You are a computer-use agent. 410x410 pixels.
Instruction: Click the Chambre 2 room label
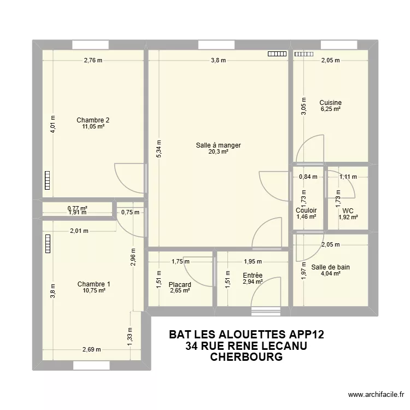(x=90, y=120)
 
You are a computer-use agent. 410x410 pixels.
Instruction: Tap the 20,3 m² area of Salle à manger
(x=218, y=152)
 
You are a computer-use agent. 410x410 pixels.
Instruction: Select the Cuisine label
(x=330, y=102)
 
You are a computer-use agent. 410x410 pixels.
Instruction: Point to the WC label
(x=347, y=210)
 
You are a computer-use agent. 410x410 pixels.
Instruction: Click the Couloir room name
(x=306, y=210)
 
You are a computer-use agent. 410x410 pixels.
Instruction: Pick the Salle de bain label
(x=330, y=267)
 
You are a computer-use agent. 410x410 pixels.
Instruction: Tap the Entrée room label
(x=253, y=276)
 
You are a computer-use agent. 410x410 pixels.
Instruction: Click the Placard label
(x=180, y=284)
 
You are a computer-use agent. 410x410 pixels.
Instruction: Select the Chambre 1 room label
(x=93, y=284)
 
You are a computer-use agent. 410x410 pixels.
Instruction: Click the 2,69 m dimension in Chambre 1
(x=91, y=350)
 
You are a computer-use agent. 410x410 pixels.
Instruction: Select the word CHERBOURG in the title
(x=246, y=358)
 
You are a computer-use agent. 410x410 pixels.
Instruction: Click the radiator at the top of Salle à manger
(x=277, y=54)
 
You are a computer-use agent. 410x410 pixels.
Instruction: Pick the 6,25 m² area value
(x=330, y=109)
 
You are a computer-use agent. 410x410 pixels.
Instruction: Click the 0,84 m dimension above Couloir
(x=308, y=177)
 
